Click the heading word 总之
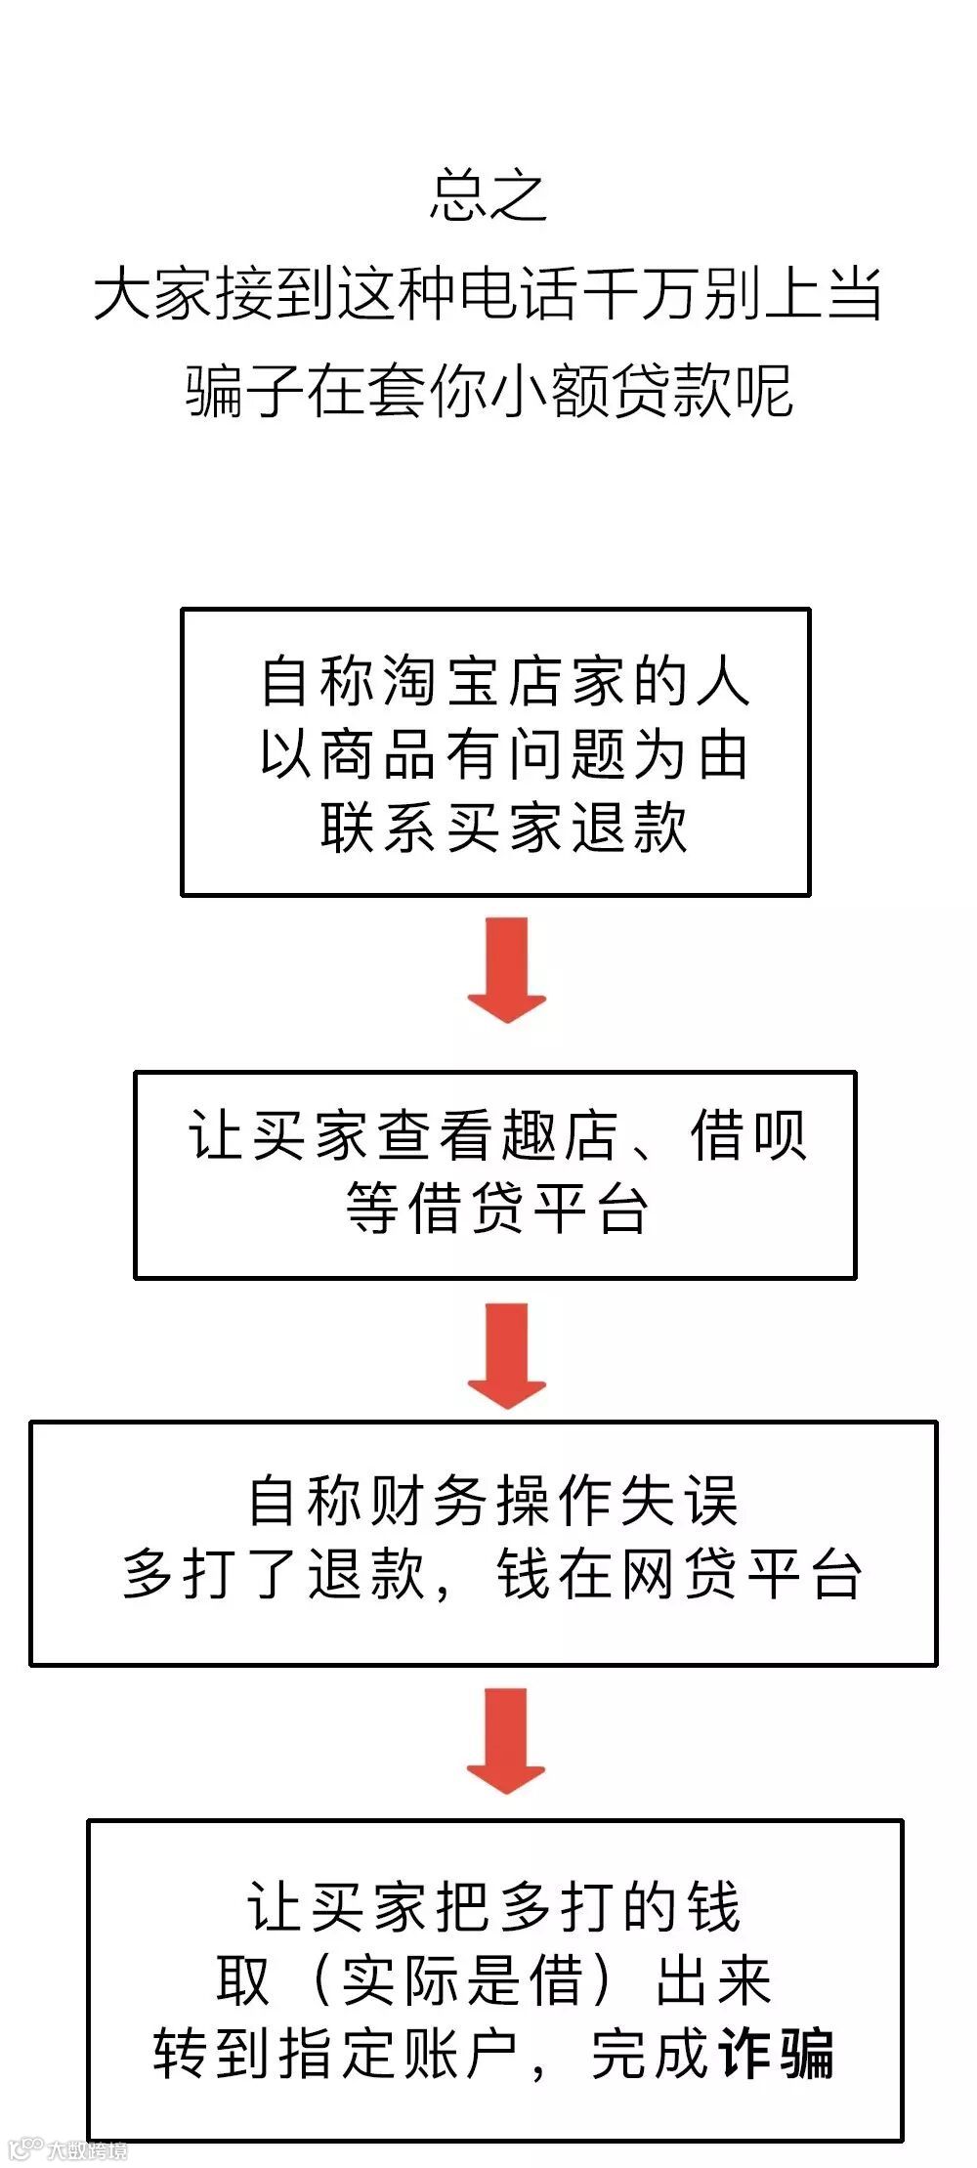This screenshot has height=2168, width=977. click(x=488, y=195)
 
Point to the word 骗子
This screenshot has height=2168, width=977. click(x=244, y=391)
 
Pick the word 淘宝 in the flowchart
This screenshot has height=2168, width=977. click(x=445, y=681)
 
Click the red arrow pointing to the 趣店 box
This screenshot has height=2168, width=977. click(x=506, y=969)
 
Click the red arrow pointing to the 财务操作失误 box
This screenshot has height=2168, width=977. click(x=506, y=1355)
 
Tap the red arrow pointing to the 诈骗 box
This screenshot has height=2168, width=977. click(x=506, y=1740)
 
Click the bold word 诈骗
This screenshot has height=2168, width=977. click(x=777, y=2053)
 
